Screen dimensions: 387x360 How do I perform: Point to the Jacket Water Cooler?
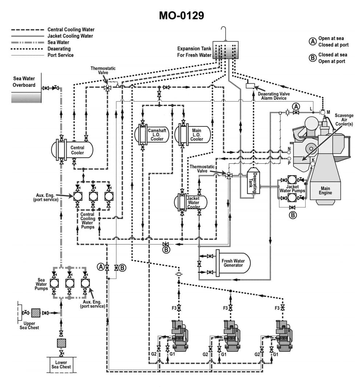[194, 202]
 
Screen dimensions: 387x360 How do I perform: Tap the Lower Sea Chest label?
[61, 364]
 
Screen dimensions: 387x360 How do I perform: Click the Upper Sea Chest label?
[29, 325]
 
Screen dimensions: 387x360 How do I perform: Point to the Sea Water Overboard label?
[24, 82]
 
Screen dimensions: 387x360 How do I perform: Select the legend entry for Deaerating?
[59, 49]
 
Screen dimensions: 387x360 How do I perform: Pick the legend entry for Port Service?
[60, 55]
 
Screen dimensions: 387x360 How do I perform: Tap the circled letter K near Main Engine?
[313, 160]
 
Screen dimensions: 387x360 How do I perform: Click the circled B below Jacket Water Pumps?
[292, 215]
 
